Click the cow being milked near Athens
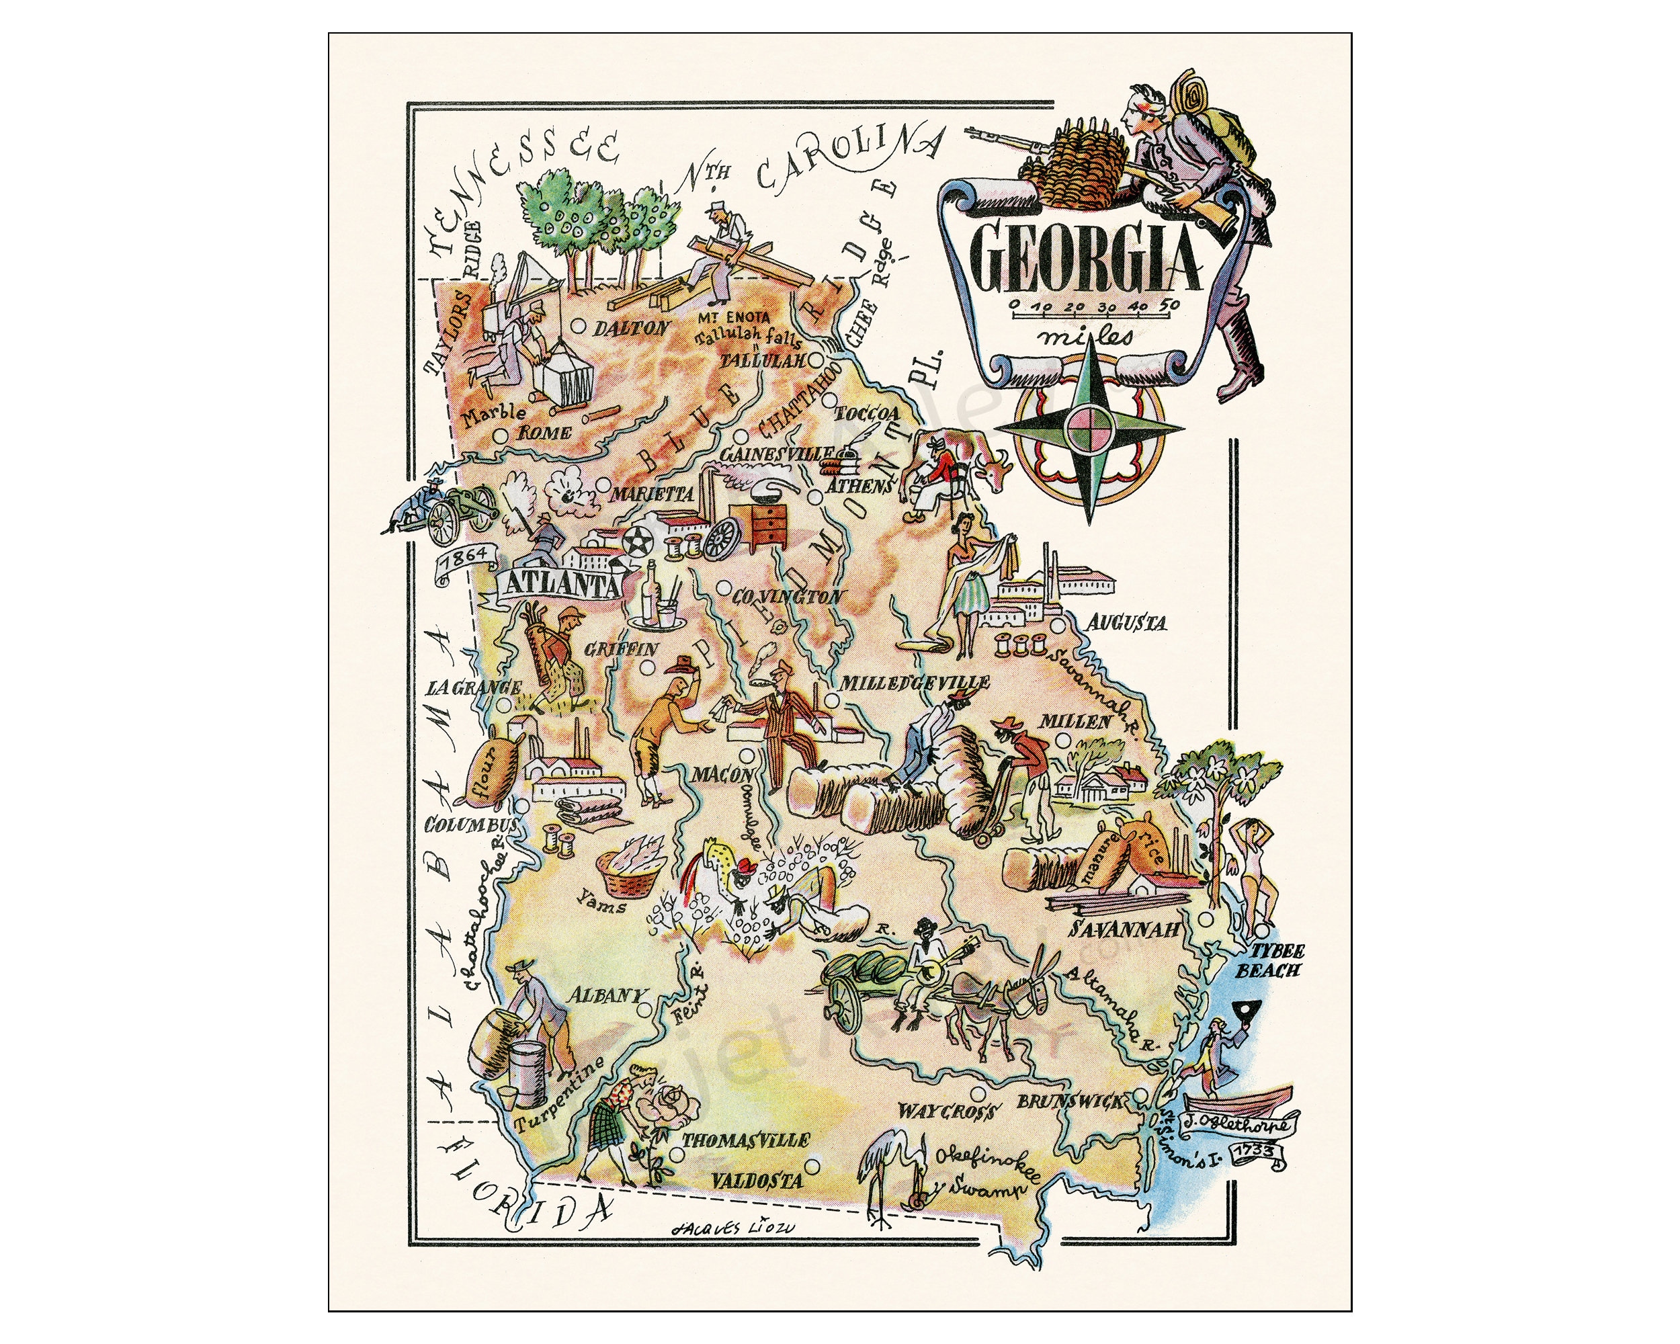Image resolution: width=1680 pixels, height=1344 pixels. coord(970,466)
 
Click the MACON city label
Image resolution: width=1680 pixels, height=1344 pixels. coord(722,774)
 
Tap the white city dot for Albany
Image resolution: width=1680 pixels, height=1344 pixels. coord(644,1009)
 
